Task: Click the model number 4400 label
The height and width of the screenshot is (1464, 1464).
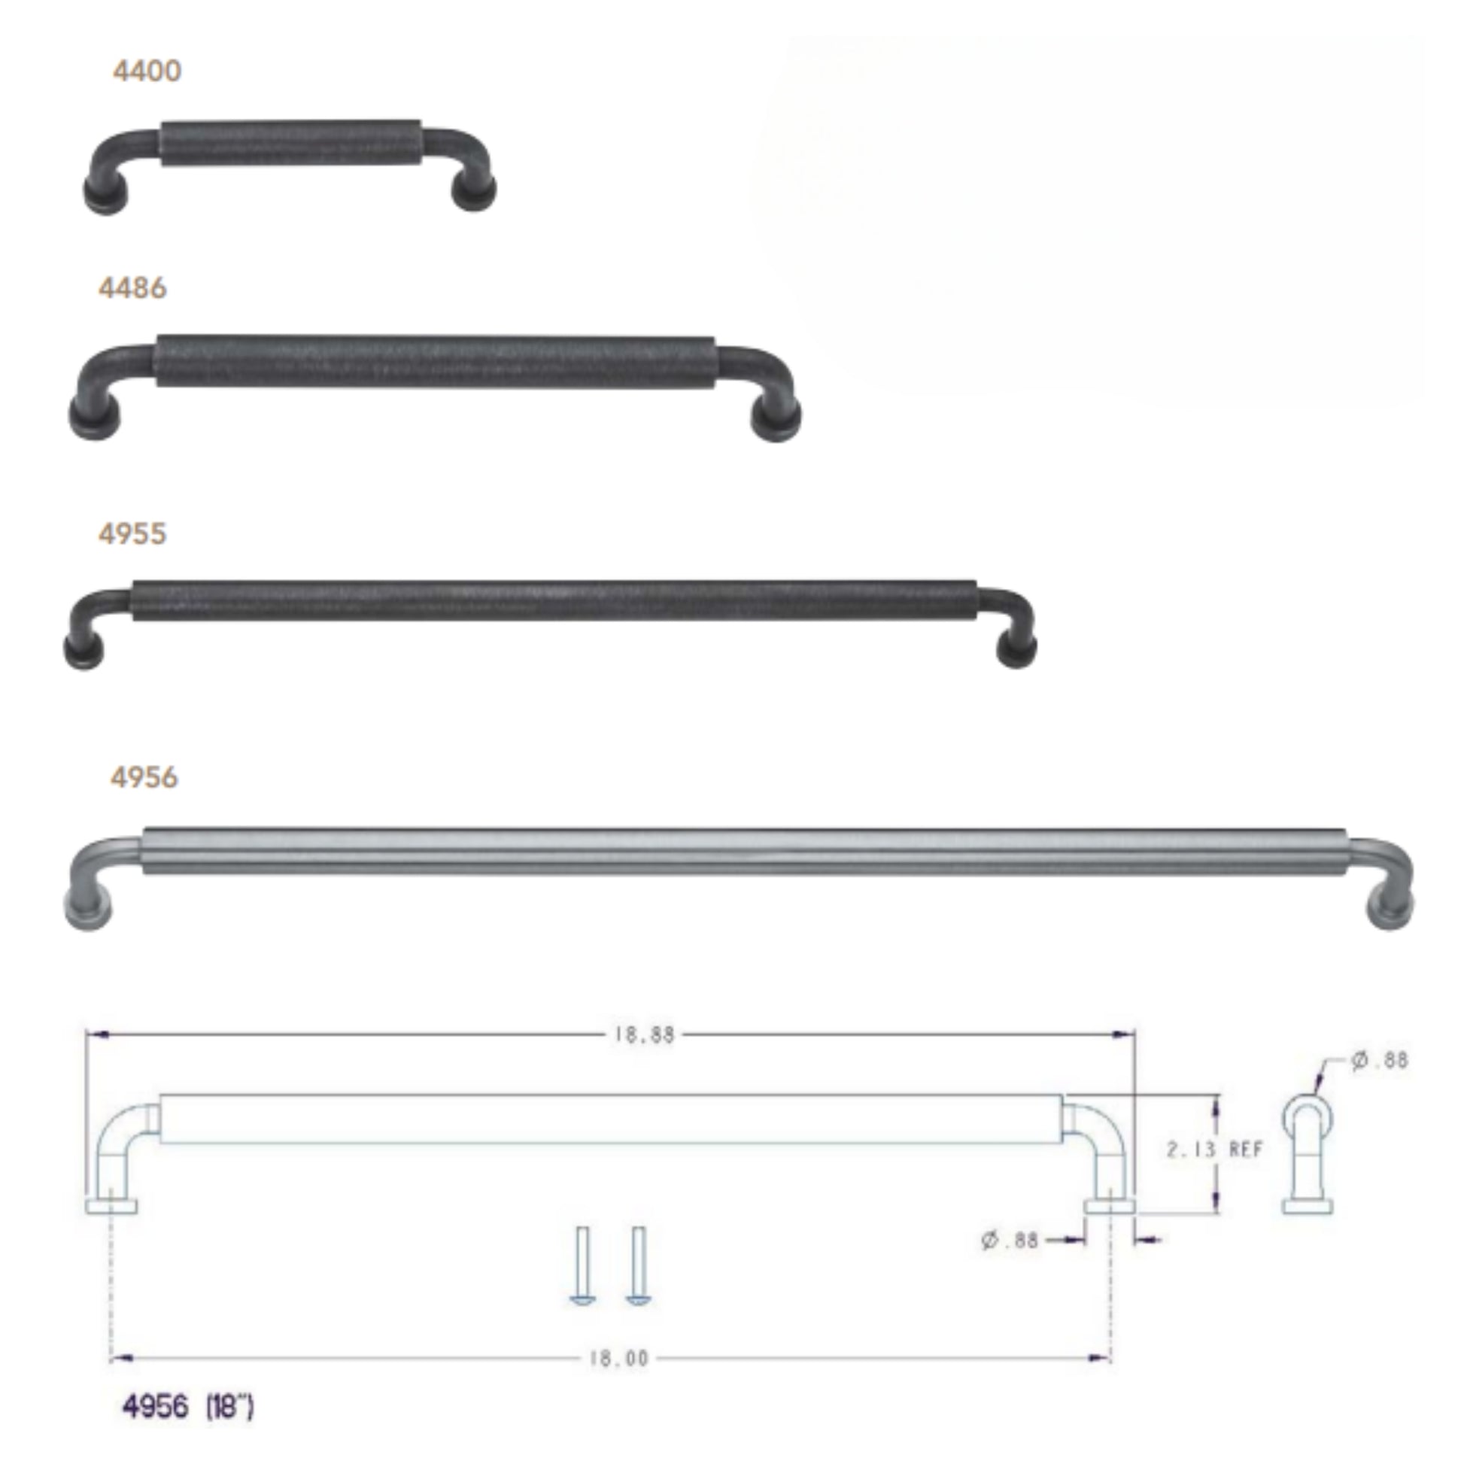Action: tap(147, 71)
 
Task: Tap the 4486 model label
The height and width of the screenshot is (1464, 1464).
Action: tap(132, 288)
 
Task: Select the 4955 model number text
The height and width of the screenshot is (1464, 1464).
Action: tap(132, 534)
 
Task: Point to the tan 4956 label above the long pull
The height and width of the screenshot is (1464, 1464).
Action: tap(144, 777)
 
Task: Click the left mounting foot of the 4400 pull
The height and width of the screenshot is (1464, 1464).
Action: tap(105, 195)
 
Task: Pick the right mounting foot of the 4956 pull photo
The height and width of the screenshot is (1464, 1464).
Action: tap(1390, 909)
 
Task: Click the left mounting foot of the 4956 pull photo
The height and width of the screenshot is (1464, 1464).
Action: tap(89, 910)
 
